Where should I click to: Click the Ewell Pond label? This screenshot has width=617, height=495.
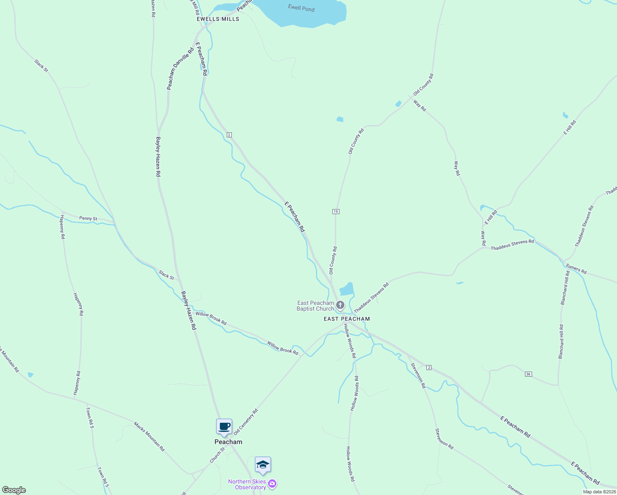[x=301, y=8]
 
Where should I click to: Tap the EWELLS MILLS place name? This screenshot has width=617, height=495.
[x=218, y=19]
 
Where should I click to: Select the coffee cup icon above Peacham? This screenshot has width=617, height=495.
[x=224, y=427]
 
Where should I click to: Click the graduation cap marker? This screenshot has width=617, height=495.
[x=263, y=465]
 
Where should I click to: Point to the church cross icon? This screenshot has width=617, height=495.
[x=340, y=305]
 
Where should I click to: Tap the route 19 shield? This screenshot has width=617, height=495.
[x=335, y=212]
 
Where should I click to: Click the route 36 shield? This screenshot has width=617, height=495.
[x=528, y=374]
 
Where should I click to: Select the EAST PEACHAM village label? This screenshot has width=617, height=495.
[x=347, y=319]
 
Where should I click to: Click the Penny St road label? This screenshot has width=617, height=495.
[x=88, y=219]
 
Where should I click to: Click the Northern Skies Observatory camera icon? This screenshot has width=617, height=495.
[x=272, y=484]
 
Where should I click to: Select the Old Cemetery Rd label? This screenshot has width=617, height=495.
[x=246, y=422]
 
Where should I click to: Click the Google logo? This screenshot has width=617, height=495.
[x=14, y=490]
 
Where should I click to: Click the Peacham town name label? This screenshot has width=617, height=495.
[x=228, y=442]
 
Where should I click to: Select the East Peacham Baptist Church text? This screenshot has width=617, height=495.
[x=316, y=306]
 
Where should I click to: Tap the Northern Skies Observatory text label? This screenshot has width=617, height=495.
[x=247, y=484]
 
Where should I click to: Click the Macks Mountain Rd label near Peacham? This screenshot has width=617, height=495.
[x=149, y=436]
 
